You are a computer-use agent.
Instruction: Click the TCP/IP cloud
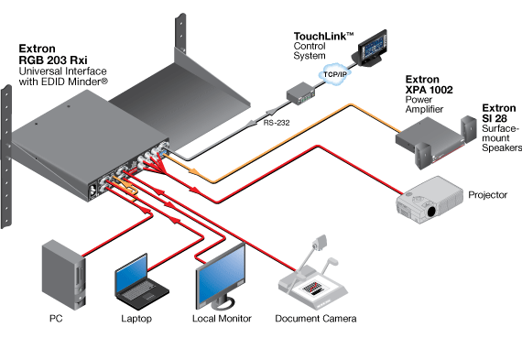click(335, 73)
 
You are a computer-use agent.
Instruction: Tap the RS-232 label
click(277, 123)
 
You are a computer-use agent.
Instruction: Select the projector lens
click(431, 212)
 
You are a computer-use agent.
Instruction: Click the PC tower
click(64, 275)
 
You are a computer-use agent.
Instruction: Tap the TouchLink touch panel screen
click(373, 49)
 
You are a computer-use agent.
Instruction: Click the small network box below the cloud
click(301, 93)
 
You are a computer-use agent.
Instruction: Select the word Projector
click(488, 195)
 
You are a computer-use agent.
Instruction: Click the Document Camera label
click(316, 319)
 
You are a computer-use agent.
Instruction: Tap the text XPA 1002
click(430, 90)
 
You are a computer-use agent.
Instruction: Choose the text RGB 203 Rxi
click(53, 60)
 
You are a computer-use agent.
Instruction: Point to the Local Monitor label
click(222, 319)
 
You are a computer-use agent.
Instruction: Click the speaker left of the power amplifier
click(423, 155)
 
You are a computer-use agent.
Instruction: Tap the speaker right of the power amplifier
click(469, 129)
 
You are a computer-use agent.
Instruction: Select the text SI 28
click(495, 118)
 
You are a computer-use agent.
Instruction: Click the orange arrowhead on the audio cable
click(194, 171)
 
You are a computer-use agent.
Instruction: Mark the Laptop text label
click(136, 319)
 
